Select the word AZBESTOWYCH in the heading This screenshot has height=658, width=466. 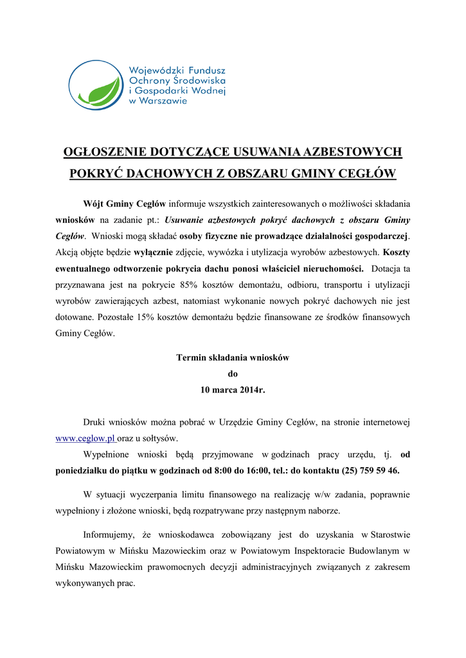coord(352,152)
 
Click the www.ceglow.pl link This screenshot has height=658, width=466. coord(85,438)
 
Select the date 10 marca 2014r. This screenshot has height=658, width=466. coord(233,390)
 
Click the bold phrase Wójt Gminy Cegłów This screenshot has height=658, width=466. coord(125,204)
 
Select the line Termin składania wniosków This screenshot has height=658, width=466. coord(233,357)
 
